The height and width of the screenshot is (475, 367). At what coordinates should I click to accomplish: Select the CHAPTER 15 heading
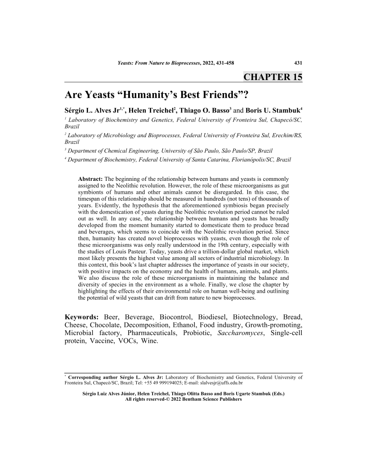tap(273, 77)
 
